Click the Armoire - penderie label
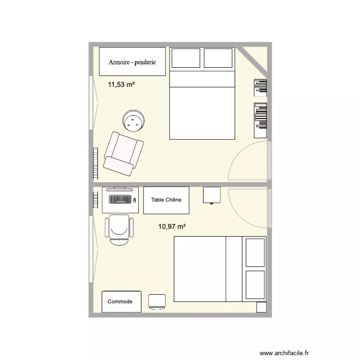point(132,62)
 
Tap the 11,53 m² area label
point(121,84)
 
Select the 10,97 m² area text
point(172,226)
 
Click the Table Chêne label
point(166,200)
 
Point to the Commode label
point(120,301)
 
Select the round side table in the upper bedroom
point(133,121)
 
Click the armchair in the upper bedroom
point(124,152)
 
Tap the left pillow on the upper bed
point(185,58)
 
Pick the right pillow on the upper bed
point(218,58)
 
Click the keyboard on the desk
point(120,199)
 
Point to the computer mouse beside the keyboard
point(135,200)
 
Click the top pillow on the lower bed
point(254,252)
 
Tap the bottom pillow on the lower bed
point(254,285)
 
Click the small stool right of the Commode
point(157,301)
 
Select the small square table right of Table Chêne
point(211,195)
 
